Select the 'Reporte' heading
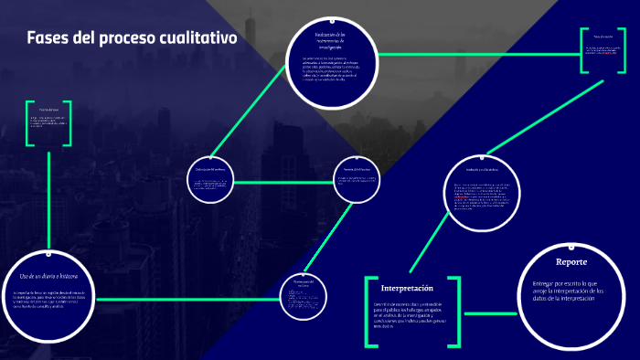tap(571, 261)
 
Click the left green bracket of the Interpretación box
tap(369, 312)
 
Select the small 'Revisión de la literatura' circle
tap(357, 181)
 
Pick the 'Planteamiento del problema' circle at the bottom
tap(304, 296)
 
